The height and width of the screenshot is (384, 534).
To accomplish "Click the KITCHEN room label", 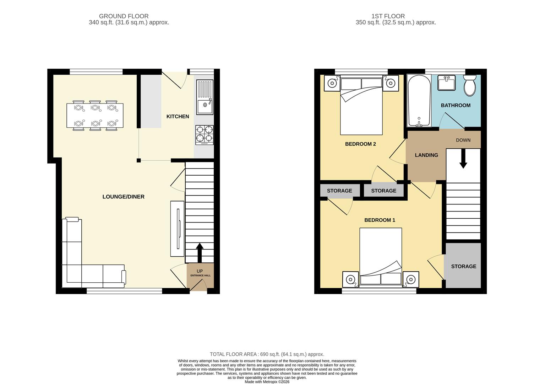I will [178, 117].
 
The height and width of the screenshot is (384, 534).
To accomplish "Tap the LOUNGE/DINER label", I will [123, 197].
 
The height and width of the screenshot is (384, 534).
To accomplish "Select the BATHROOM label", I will [456, 105].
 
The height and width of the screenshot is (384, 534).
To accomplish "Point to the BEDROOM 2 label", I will [360, 144].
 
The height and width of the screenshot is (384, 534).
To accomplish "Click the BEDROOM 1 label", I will [380, 220].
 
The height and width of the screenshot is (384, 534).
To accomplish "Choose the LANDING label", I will [426, 155].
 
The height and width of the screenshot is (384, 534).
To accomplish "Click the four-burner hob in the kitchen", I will [205, 135].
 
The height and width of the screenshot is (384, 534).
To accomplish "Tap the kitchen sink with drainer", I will [205, 97].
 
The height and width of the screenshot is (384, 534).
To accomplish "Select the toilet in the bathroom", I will [470, 85].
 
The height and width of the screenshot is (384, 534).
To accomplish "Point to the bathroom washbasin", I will [446, 82].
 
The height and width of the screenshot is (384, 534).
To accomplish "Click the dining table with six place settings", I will [95, 115].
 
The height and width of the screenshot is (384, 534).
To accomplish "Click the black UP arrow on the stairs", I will [200, 252].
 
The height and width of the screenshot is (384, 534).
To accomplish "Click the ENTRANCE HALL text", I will [200, 276].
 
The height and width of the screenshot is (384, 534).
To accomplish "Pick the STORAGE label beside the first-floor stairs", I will [463, 266].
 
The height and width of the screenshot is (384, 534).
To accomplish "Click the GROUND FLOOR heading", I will [124, 16].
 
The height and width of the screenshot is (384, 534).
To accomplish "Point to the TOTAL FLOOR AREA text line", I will [267, 354].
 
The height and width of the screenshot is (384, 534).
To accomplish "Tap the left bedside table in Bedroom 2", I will [332, 83].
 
